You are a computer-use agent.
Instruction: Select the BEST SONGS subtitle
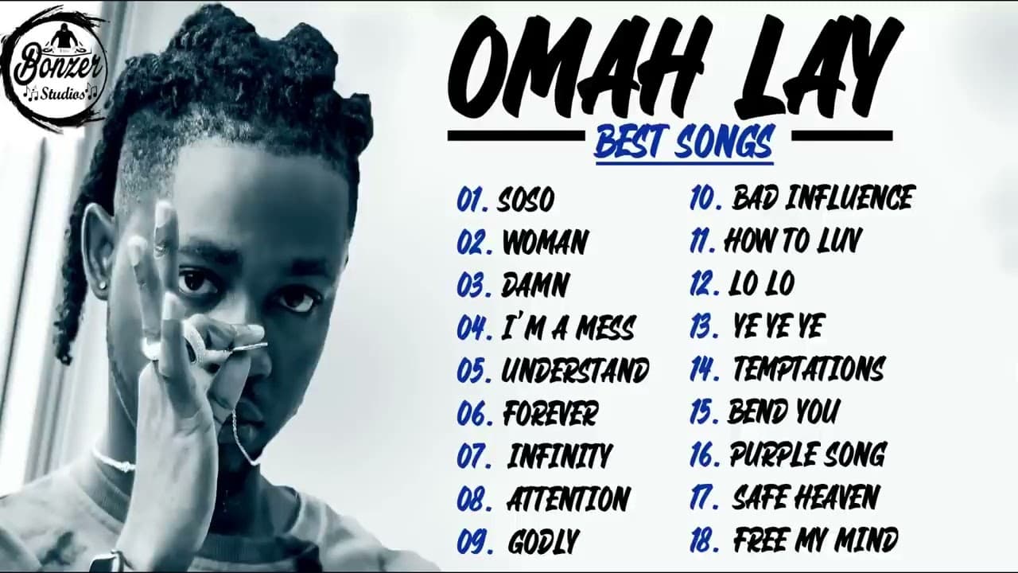[x=684, y=143]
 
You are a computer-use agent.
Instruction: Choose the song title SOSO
[x=525, y=200]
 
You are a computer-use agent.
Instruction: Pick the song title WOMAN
[x=545, y=242]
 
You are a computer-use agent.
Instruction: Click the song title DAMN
[x=534, y=285]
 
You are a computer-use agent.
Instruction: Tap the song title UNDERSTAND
[x=575, y=370]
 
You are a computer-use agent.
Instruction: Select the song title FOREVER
[x=550, y=413]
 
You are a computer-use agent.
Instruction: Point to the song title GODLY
[x=543, y=542]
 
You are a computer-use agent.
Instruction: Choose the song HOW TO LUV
[x=792, y=240]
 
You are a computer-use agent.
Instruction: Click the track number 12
[x=704, y=283]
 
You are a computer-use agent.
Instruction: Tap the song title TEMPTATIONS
[x=808, y=368]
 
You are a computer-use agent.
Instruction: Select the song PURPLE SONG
[x=807, y=454]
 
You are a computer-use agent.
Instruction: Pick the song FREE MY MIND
[x=815, y=540]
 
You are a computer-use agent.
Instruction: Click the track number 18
[x=705, y=540]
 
